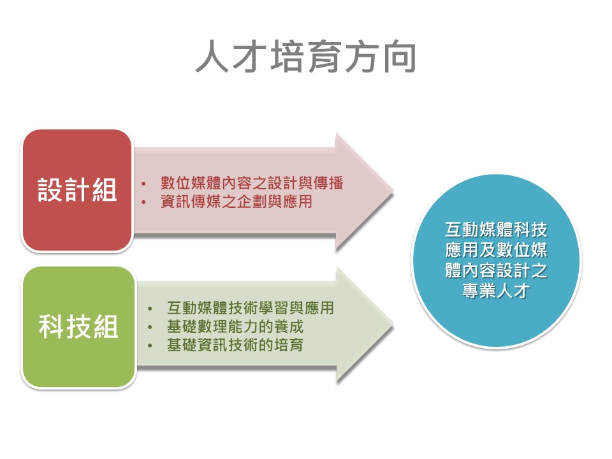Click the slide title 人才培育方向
pyautogui.click(x=305, y=57)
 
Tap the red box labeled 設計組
pyautogui.click(x=77, y=191)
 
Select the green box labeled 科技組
pyautogui.click(x=78, y=327)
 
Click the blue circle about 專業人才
pyautogui.click(x=497, y=260)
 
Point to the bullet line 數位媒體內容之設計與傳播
pyautogui.click(x=252, y=183)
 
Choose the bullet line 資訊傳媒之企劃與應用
pyautogui.click(x=236, y=201)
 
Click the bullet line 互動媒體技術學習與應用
pyautogui.click(x=250, y=308)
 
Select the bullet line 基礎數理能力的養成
pyautogui.click(x=235, y=326)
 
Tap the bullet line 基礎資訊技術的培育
pyautogui.click(x=235, y=345)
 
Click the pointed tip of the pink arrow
pyautogui.click(x=393, y=191)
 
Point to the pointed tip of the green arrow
pyautogui.click(x=393, y=325)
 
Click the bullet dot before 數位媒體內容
pyautogui.click(x=143, y=184)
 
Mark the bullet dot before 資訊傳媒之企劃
pyautogui.click(x=143, y=202)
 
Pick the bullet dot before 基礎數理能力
pyautogui.click(x=150, y=327)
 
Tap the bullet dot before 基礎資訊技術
pyautogui.click(x=150, y=346)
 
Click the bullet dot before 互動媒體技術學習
pyautogui.click(x=150, y=309)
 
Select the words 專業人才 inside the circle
pyautogui.click(x=496, y=291)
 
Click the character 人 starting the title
pyautogui.click(x=212, y=57)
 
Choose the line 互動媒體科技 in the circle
pyautogui.click(x=496, y=229)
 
